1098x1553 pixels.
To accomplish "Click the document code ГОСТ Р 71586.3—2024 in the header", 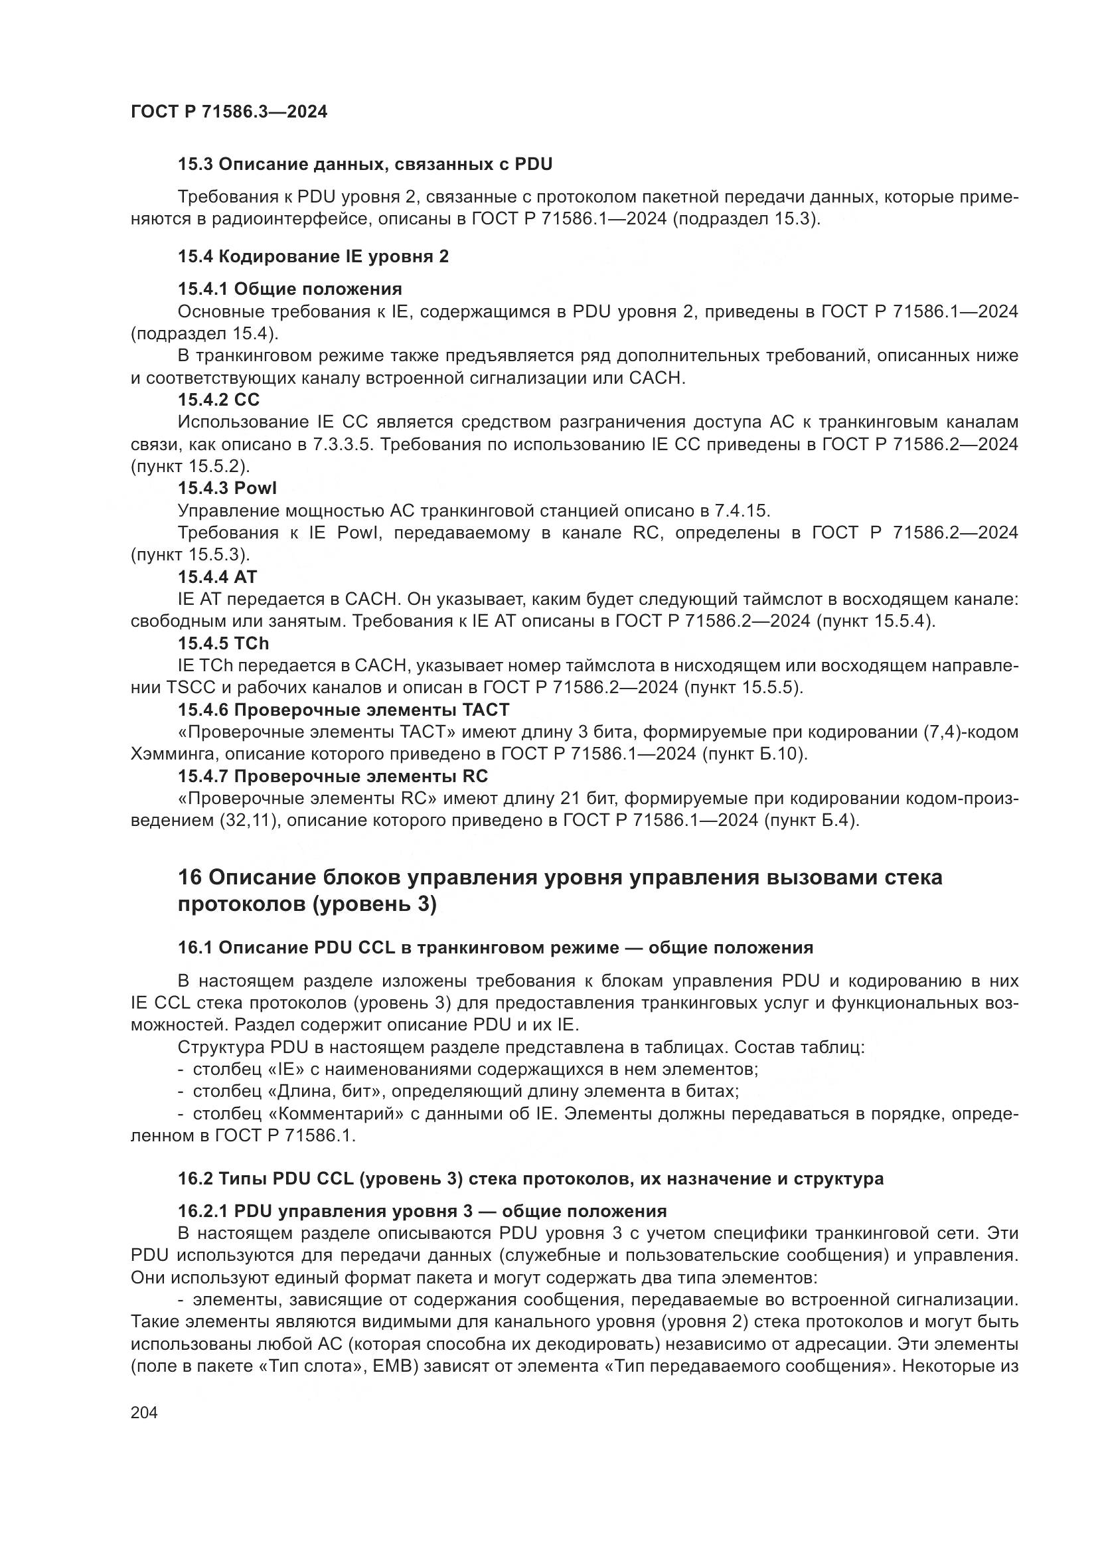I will click(x=228, y=112).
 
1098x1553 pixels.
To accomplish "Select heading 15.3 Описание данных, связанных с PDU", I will click(x=365, y=165).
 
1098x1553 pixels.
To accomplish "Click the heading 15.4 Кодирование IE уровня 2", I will click(x=313, y=256).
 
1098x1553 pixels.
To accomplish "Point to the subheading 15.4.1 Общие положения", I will click(x=289, y=289).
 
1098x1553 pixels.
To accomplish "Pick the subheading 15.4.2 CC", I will click(x=218, y=400).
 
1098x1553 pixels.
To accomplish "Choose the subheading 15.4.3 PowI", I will click(x=227, y=489).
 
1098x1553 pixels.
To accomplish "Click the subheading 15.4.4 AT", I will click(x=218, y=577).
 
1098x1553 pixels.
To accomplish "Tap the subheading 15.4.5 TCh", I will click(x=224, y=643).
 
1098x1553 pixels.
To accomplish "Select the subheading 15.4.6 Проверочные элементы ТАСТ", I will click(x=343, y=710).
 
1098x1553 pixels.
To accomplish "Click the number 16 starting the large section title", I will click(x=190, y=878).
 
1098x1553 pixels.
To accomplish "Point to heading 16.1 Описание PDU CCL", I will click(x=495, y=947).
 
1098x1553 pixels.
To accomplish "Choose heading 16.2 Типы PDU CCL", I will click(x=530, y=1179).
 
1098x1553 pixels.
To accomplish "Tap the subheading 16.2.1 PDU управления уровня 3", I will click(x=422, y=1212).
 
